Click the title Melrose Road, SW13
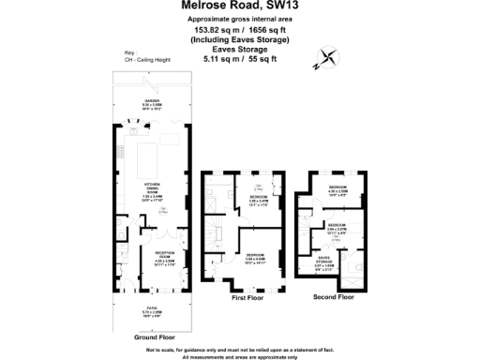(238, 6)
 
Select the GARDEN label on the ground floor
(151, 102)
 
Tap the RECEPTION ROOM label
(152, 257)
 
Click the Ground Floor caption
(153, 336)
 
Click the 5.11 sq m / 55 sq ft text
(238, 59)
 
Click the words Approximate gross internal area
(238, 20)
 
